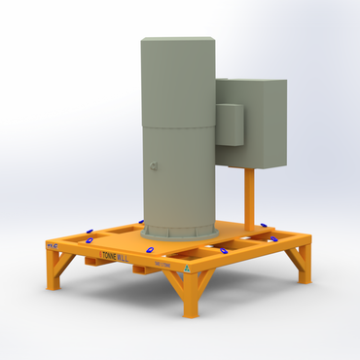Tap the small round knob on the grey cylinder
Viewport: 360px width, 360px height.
[x=154, y=166]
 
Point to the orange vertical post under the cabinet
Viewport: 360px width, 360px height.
[x=250, y=199]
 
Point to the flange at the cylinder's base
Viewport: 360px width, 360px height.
[x=180, y=232]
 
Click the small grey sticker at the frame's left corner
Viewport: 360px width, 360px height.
[x=52, y=248]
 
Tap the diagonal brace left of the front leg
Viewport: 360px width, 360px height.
[x=175, y=281]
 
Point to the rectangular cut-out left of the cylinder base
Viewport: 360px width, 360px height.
[x=122, y=232]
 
